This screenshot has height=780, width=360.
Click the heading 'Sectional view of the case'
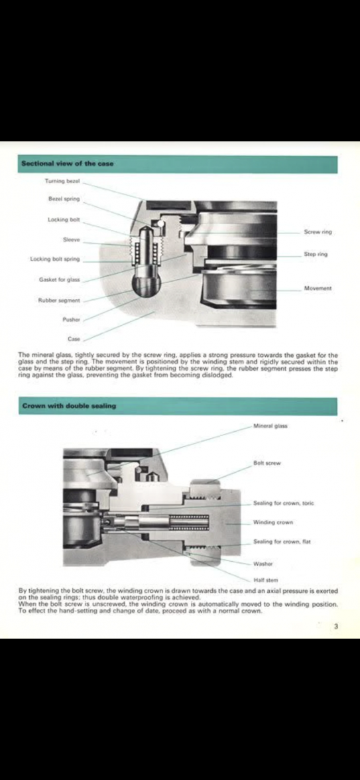click(x=68, y=164)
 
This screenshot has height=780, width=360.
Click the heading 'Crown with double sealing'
click(x=69, y=406)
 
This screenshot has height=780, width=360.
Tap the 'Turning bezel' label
click(x=62, y=180)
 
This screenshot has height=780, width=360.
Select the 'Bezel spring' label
click(x=64, y=198)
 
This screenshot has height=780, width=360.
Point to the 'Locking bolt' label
click(x=64, y=219)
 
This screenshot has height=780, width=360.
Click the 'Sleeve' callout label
click(x=72, y=239)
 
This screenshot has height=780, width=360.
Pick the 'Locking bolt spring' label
click(x=55, y=259)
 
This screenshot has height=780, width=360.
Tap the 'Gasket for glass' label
click(x=60, y=279)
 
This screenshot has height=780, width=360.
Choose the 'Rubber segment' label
click(x=59, y=300)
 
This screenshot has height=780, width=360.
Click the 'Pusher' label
click(x=71, y=320)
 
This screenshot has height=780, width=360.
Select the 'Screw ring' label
click(x=318, y=232)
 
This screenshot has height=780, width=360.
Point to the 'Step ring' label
click(x=316, y=254)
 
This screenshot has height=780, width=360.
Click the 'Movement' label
click(x=318, y=289)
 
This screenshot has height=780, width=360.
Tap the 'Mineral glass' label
click(x=270, y=425)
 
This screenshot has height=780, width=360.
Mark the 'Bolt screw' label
click(x=267, y=463)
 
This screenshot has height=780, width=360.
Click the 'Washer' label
click(x=263, y=564)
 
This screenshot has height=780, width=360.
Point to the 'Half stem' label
click(x=265, y=580)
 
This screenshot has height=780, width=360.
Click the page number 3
click(x=336, y=625)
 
